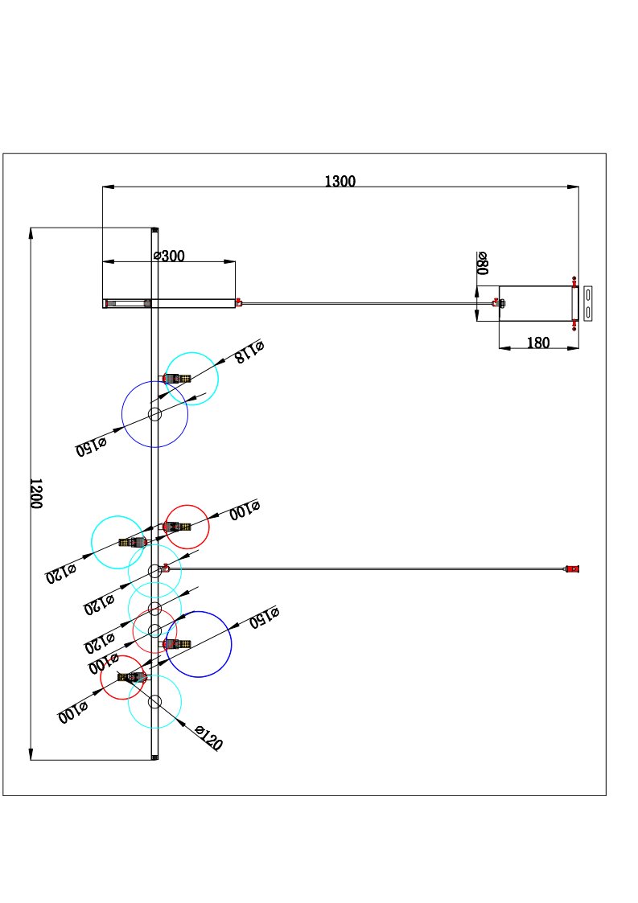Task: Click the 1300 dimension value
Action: (340, 181)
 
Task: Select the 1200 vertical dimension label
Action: (36, 493)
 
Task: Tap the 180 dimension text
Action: (538, 343)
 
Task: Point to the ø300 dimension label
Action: (169, 256)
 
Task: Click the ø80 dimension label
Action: (483, 263)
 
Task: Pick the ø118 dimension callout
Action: (249, 351)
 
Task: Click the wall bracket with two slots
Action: (588, 303)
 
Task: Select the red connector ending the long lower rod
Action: (573, 569)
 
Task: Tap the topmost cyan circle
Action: (191, 379)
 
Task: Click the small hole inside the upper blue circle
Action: (154, 414)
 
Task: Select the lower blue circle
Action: (199, 644)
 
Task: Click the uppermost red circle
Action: (187, 527)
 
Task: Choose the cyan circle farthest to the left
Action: (118, 542)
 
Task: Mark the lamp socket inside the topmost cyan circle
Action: (177, 378)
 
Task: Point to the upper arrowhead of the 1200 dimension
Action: (31, 233)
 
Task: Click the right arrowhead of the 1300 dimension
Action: (573, 187)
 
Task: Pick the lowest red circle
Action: (123, 678)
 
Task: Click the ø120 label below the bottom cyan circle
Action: (208, 738)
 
